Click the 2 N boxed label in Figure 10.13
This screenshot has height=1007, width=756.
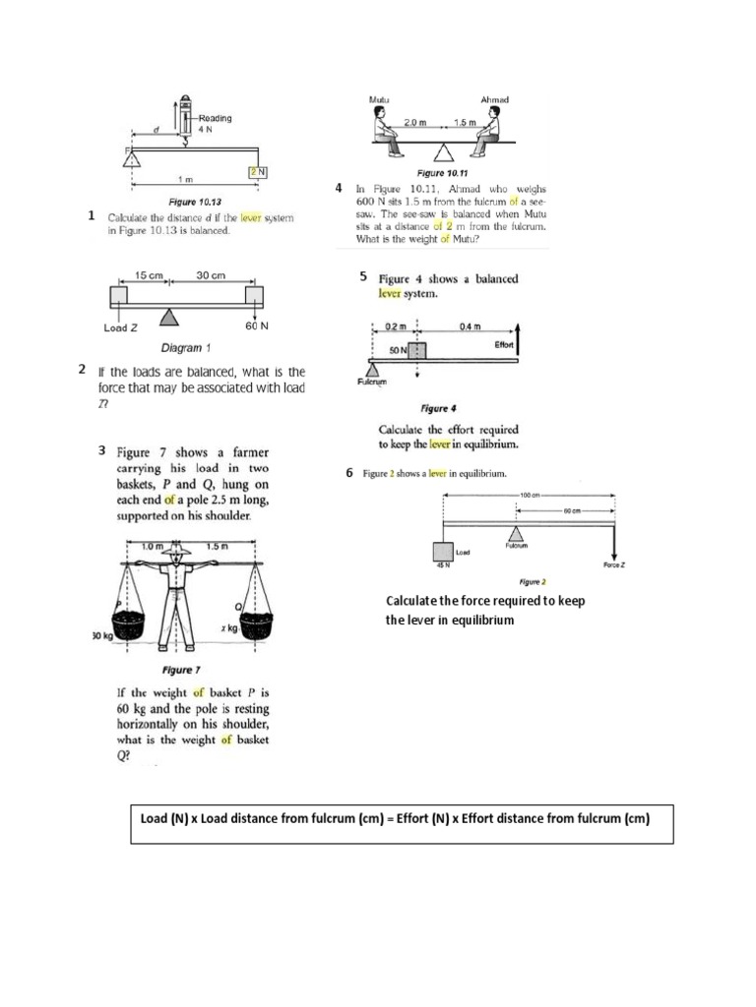pyautogui.click(x=258, y=171)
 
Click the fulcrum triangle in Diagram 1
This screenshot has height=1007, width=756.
pyautogui.click(x=170, y=316)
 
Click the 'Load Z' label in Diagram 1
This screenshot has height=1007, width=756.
pyautogui.click(x=121, y=327)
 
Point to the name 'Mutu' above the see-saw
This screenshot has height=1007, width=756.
pyautogui.click(x=379, y=99)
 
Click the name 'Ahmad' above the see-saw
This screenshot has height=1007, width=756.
pyautogui.click(x=493, y=99)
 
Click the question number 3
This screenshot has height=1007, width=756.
pyautogui.click(x=102, y=450)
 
